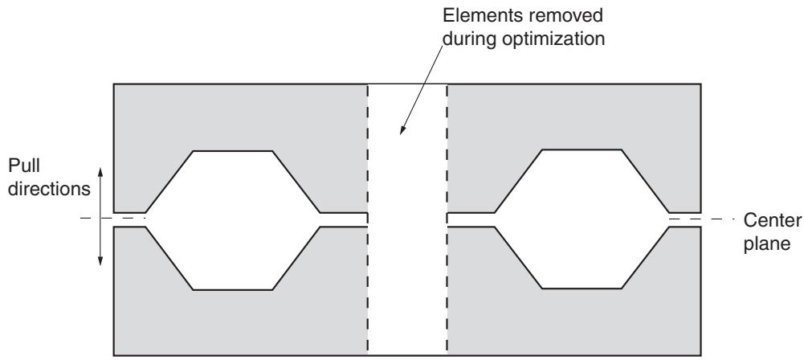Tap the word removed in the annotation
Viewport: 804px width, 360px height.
[561, 16]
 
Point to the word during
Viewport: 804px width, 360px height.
[469, 39]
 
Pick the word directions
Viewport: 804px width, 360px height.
[49, 189]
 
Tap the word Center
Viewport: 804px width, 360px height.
[772, 220]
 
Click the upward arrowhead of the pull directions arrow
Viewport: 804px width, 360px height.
[100, 172]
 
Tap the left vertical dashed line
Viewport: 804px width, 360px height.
[368, 219]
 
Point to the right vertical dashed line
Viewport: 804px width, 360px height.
[447, 219]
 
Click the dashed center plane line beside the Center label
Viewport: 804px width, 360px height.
[703, 219]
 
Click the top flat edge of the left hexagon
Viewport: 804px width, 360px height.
[233, 151]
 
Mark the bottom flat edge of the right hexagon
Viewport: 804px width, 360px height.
[582, 288]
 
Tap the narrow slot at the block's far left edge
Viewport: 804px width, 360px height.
[130, 219]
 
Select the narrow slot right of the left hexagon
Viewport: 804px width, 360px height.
[344, 219]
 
